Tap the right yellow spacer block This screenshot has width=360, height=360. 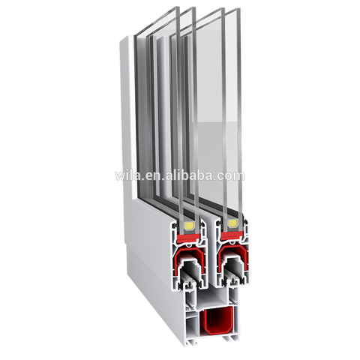point(232,223)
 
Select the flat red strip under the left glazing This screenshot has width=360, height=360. point(188,238)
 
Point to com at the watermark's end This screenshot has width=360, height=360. point(233,176)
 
